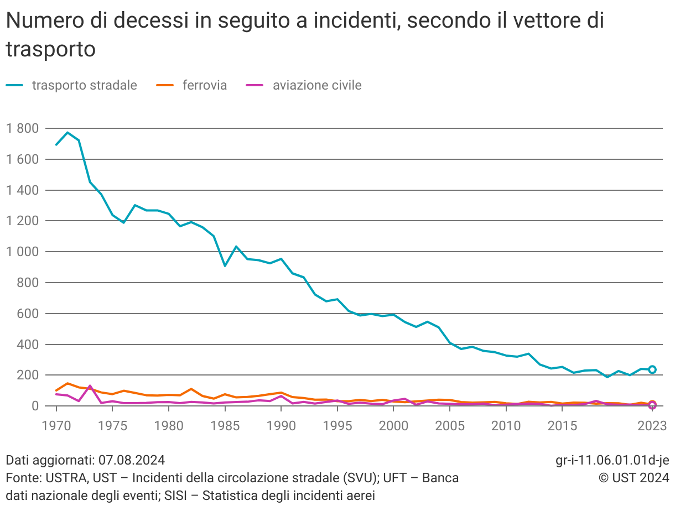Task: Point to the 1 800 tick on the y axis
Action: tap(22, 128)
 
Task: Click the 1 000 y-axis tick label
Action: tap(22, 252)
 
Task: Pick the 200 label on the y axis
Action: tap(28, 375)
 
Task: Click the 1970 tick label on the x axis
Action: tap(56, 425)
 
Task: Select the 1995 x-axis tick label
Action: tap(337, 425)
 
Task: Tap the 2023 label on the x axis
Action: tap(652, 425)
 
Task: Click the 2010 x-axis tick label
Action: tap(506, 425)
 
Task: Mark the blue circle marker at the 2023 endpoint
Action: tap(652, 369)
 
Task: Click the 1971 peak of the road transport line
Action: tap(67, 133)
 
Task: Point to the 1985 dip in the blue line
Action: tap(225, 265)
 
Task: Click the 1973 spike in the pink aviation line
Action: tap(90, 386)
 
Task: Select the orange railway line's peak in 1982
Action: tap(191, 389)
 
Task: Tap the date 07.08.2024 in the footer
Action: tap(131, 460)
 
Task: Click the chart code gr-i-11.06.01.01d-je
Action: tap(612, 460)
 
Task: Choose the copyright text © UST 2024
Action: tap(634, 477)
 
